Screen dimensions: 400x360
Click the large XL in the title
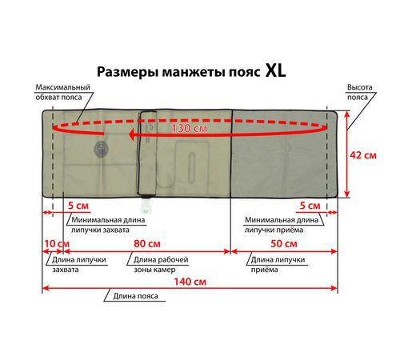(x=275, y=70)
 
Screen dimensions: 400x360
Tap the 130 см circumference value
(x=189, y=128)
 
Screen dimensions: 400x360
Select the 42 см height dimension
(x=363, y=155)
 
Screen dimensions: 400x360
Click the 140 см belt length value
(x=190, y=282)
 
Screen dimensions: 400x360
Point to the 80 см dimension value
(x=147, y=243)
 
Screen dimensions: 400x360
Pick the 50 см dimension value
(x=284, y=243)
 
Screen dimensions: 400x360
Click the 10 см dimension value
(x=57, y=244)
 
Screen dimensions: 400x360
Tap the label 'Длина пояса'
(x=135, y=296)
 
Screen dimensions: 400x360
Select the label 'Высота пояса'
(x=359, y=92)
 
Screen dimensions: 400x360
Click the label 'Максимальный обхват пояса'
(x=63, y=92)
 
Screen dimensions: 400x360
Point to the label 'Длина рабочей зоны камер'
(x=161, y=264)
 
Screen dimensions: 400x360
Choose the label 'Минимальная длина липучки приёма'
(x=282, y=225)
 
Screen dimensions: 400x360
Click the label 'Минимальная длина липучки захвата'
(x=108, y=225)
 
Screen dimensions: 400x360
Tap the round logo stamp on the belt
(x=101, y=150)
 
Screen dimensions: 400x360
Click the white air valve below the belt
(x=146, y=205)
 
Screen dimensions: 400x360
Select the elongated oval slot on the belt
(x=191, y=168)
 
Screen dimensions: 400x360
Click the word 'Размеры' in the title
(x=127, y=72)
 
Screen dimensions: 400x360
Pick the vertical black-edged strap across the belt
(x=147, y=154)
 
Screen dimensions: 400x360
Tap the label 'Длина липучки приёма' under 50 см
(x=278, y=264)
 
